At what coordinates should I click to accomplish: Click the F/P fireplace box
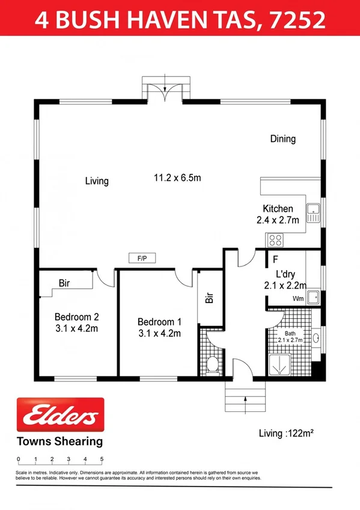point(142,259)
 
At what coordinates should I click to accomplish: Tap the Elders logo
point(59,415)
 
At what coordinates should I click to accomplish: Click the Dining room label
point(282,139)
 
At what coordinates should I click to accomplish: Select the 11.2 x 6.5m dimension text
point(177,177)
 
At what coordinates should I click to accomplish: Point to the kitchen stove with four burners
point(275,240)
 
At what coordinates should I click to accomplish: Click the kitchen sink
point(313,210)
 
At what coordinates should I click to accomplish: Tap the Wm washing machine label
point(297,298)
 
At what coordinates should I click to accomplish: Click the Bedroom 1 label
point(159,322)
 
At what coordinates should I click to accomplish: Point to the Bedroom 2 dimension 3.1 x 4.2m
point(76,328)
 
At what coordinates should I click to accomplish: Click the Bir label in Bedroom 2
point(64,283)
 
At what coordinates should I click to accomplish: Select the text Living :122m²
point(287,433)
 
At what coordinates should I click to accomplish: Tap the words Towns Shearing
point(58,441)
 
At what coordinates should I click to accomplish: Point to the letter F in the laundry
point(275,260)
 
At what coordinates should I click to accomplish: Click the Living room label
point(96,180)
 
